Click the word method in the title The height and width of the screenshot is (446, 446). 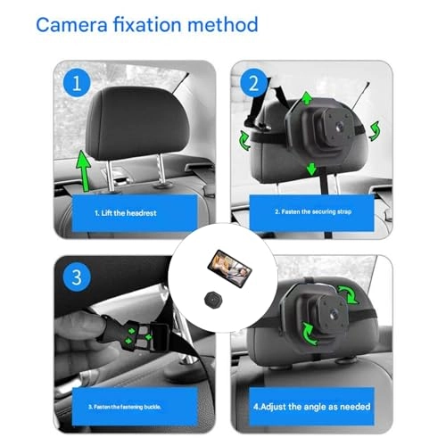coord(219,24)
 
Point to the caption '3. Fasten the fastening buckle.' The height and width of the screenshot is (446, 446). coord(126,407)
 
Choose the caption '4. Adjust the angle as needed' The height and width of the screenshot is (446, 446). coord(314,407)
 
